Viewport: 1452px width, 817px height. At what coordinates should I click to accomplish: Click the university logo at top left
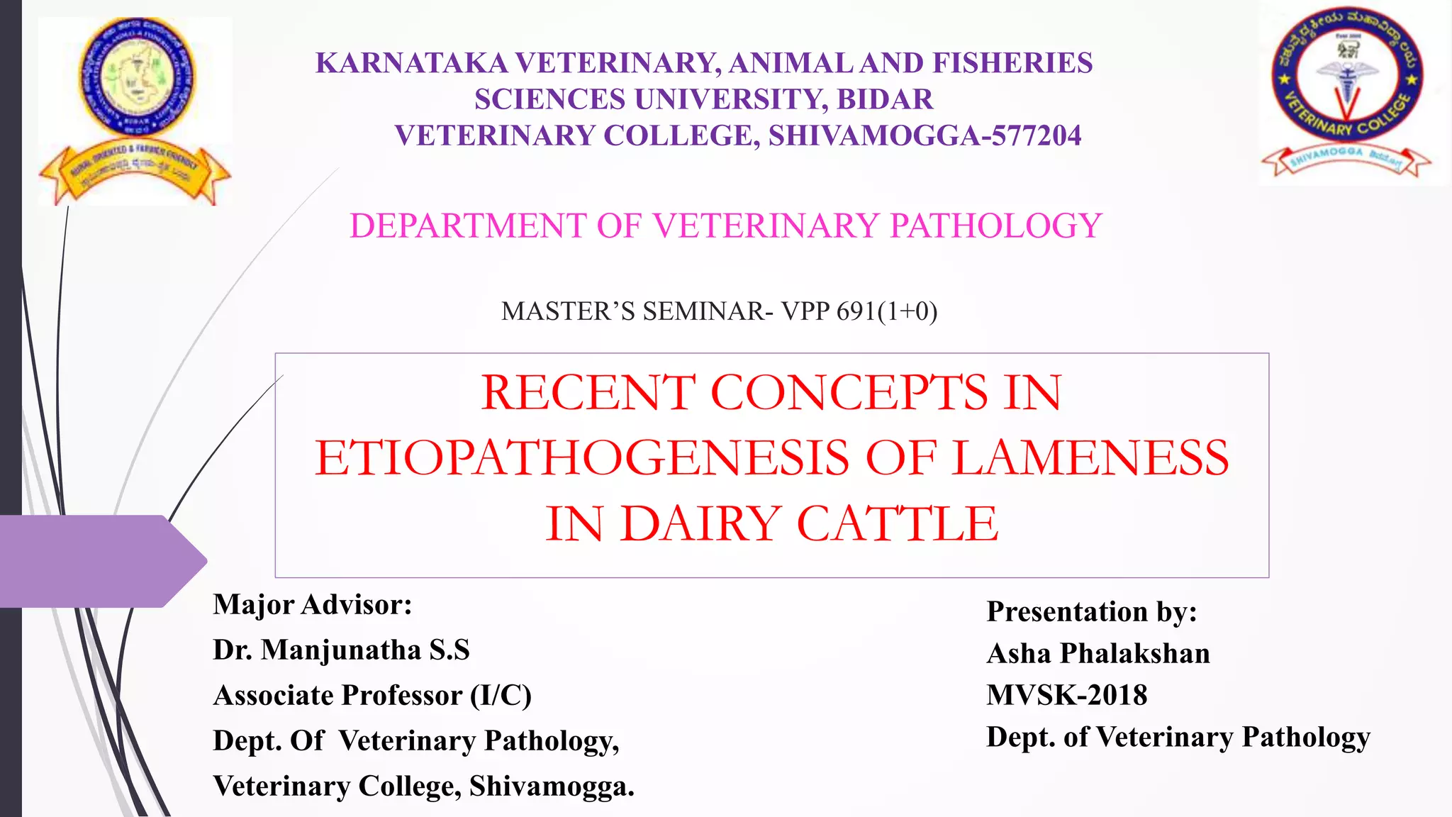[x=135, y=111]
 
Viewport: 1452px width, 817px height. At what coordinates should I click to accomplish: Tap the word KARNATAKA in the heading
[x=411, y=63]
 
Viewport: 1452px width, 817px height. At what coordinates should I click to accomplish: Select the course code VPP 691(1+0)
[x=859, y=311]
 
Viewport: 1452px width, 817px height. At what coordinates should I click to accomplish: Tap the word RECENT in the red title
[x=588, y=392]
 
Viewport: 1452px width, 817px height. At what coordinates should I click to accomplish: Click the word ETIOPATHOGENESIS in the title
[x=581, y=457]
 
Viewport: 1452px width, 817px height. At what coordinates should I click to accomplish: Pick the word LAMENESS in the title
[x=1090, y=457]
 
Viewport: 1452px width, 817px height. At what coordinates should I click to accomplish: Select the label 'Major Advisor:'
[x=313, y=604]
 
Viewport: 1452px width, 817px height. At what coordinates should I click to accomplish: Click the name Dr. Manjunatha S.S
[x=341, y=650]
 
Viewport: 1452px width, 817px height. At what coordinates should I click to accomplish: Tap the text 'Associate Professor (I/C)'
[x=372, y=695]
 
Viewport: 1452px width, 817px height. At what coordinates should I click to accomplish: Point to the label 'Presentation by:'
[x=1092, y=611]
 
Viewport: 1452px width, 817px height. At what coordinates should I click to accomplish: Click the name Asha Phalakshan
[x=1098, y=653]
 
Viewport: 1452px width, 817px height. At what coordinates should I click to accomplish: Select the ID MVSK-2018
[x=1066, y=695]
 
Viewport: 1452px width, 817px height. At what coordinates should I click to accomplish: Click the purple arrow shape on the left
[x=99, y=561]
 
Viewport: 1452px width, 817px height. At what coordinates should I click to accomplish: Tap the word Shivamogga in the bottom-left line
[x=551, y=786]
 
